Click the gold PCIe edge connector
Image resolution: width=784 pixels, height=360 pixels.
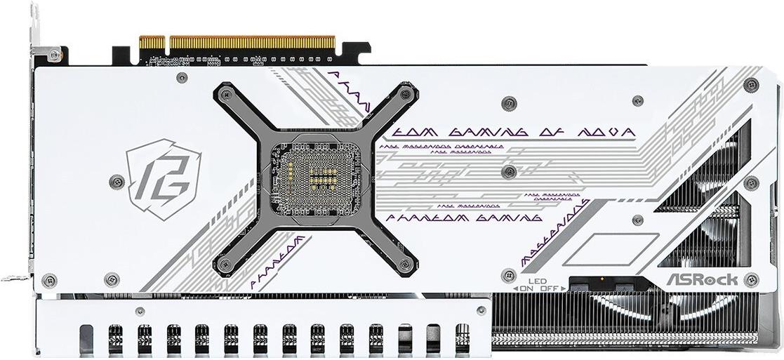[x=238, y=43]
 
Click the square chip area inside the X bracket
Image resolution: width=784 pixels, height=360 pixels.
[x=316, y=176]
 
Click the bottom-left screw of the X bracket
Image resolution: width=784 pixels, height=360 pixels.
[x=225, y=264]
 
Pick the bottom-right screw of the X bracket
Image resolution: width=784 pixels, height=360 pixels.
[x=403, y=264]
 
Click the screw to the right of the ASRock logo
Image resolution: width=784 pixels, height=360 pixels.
[x=752, y=279]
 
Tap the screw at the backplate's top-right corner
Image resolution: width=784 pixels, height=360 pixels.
[x=751, y=85]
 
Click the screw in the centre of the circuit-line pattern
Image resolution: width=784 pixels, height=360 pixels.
[x=509, y=171]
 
